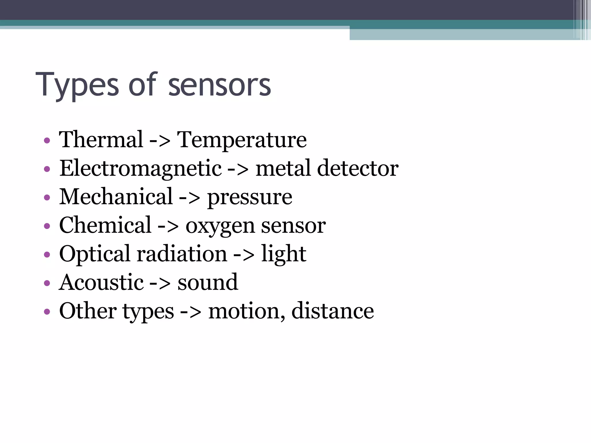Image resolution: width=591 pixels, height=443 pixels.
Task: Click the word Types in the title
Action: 77,85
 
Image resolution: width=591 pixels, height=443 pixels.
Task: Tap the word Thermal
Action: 101,140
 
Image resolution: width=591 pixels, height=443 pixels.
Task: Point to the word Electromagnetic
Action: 141,169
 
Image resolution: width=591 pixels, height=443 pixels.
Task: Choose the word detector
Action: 358,168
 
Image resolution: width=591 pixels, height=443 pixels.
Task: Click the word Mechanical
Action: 116,197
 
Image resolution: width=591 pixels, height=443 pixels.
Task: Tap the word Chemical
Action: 105,225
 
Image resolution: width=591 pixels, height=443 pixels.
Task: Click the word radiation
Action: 182,254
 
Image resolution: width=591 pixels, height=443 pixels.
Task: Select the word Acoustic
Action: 101,282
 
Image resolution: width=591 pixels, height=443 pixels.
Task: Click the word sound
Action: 208,282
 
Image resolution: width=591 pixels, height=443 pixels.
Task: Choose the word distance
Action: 332,311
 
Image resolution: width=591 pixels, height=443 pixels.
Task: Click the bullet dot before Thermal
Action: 47,141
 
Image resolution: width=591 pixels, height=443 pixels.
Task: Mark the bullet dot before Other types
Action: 47,311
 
